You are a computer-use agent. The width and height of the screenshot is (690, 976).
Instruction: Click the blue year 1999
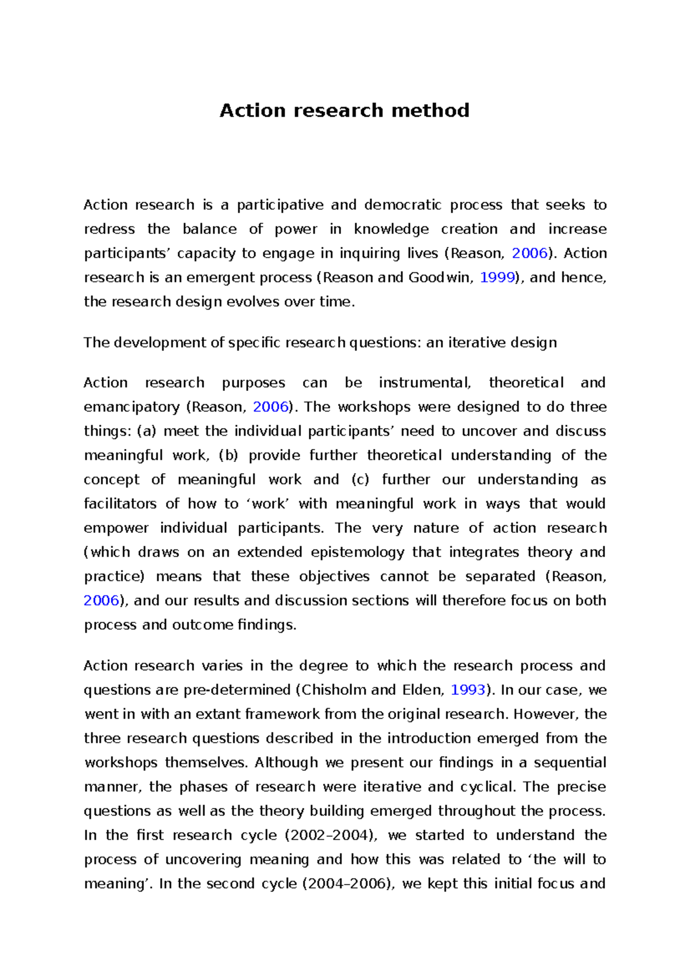[497, 278]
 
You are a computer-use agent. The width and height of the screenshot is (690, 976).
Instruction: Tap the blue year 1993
[468, 690]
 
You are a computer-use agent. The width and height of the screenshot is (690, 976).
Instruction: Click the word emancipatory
[132, 407]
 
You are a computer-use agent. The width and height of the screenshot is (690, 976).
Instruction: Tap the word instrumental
[425, 383]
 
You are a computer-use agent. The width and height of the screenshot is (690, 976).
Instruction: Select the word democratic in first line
[403, 205]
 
